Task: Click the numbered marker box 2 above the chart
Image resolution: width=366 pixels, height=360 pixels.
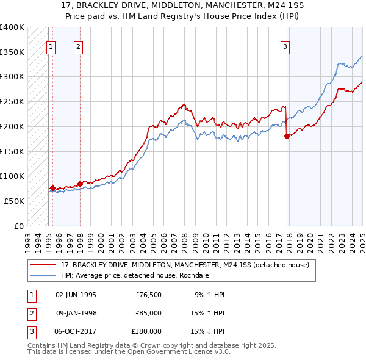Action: click(x=79, y=45)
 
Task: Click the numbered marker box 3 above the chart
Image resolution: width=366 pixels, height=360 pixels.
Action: click(x=285, y=45)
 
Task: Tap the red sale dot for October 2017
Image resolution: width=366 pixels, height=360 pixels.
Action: click(x=287, y=137)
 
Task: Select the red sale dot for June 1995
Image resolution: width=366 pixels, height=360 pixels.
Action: click(x=52, y=188)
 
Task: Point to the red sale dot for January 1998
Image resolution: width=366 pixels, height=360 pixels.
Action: click(x=80, y=184)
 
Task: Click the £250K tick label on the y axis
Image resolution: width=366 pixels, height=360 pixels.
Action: click(x=12, y=102)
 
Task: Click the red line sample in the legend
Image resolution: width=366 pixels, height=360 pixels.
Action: click(x=43, y=265)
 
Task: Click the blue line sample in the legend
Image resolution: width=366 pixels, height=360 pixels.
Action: click(x=43, y=275)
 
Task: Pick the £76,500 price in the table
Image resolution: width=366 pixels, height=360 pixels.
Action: click(x=148, y=295)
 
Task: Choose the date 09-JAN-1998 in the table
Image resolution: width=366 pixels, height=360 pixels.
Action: click(x=76, y=313)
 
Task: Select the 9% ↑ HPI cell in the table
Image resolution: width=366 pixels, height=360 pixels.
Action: click(x=209, y=295)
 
